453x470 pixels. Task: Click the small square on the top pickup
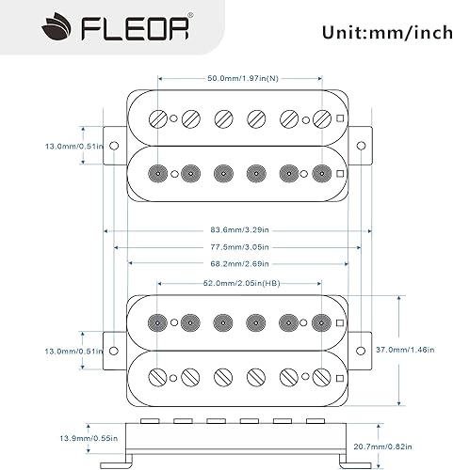(340, 118)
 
